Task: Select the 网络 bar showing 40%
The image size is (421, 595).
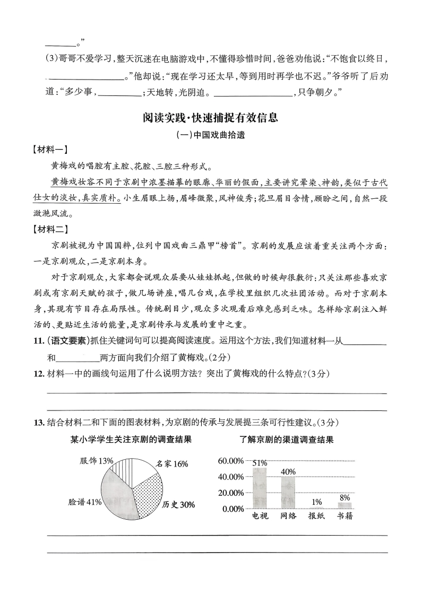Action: (x=288, y=493)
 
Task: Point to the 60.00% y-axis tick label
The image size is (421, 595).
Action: (x=230, y=461)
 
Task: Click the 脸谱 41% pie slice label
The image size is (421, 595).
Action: (x=85, y=502)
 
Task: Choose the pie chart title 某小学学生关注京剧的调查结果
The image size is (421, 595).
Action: (x=131, y=439)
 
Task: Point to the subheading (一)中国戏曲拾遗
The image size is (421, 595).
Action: (x=210, y=135)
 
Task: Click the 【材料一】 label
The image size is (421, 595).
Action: (x=35, y=150)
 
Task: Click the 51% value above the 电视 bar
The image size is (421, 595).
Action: (x=260, y=463)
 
